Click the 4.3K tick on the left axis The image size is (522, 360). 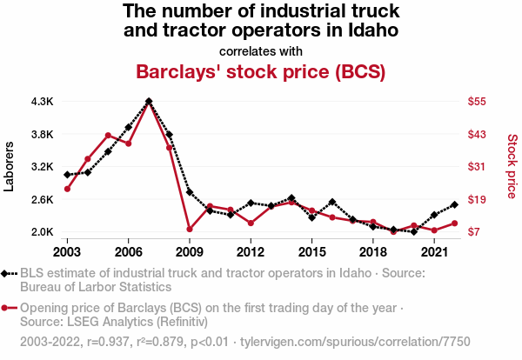[x=42, y=102]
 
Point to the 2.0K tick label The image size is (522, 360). [x=42, y=232]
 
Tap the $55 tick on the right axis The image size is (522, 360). [x=476, y=102]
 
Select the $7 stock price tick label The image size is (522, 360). [x=472, y=232]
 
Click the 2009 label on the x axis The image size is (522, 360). [x=190, y=251]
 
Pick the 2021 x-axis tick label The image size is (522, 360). [x=433, y=251]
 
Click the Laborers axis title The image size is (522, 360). [x=10, y=166]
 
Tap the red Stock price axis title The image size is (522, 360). [x=512, y=166]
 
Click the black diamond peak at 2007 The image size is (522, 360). [x=149, y=101]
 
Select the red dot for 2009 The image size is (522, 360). [x=190, y=229]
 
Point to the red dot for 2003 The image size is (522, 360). [x=67, y=189]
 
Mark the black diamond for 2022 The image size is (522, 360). [x=454, y=205]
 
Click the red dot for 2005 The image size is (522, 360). [x=108, y=136]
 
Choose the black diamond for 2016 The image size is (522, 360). [x=332, y=202]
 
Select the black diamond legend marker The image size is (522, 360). [x=7, y=274]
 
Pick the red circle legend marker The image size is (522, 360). [x=7, y=308]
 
